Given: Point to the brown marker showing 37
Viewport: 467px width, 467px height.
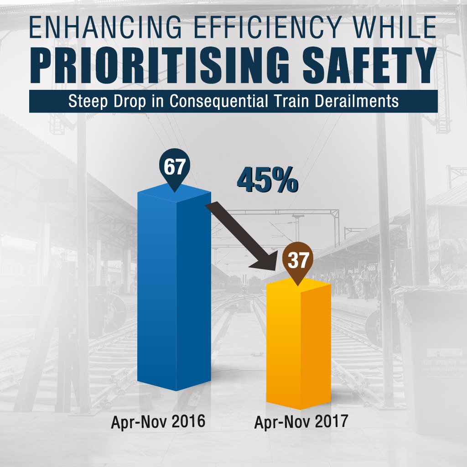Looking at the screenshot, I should point(298,261).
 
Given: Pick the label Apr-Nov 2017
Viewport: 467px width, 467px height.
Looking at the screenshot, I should point(301,422).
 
